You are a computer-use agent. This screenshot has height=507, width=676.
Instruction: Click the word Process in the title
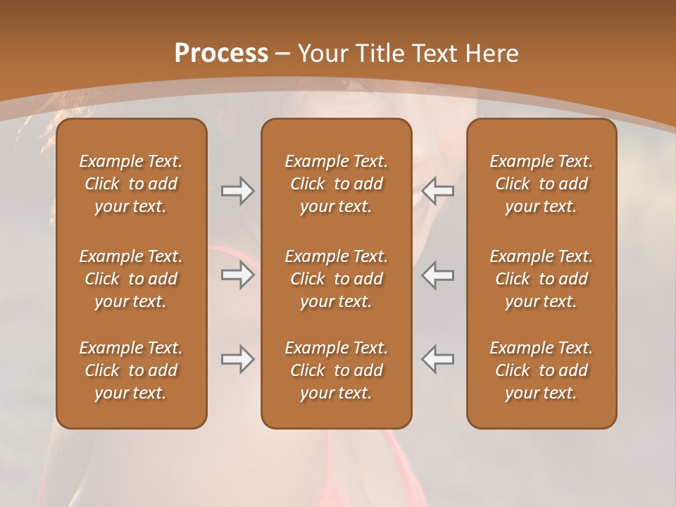click(221, 54)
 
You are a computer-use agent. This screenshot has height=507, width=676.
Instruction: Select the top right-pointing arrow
click(237, 191)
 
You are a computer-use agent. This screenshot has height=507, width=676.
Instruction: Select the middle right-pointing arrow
click(237, 275)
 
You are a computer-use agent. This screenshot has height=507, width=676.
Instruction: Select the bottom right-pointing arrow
click(237, 359)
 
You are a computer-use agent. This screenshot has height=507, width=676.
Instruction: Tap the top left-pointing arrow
click(438, 191)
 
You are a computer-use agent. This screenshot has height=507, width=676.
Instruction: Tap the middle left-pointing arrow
click(438, 275)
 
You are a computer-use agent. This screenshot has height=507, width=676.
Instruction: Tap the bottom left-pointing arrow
click(438, 359)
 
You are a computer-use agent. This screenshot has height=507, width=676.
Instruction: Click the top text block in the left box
click(131, 184)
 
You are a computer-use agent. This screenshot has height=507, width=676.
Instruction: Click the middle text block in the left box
click(131, 279)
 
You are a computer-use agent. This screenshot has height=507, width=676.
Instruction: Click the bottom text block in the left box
click(131, 370)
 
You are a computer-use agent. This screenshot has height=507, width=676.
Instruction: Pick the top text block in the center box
click(336, 184)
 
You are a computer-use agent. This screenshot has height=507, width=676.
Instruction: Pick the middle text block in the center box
click(336, 279)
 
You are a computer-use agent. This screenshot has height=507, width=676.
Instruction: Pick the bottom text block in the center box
click(336, 370)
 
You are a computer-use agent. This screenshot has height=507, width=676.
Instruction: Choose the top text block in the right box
click(542, 184)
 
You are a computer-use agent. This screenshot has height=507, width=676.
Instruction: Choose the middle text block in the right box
click(542, 279)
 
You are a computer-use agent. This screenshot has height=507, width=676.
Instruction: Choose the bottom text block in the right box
click(542, 370)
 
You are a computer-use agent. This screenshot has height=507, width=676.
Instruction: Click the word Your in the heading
click(323, 54)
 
